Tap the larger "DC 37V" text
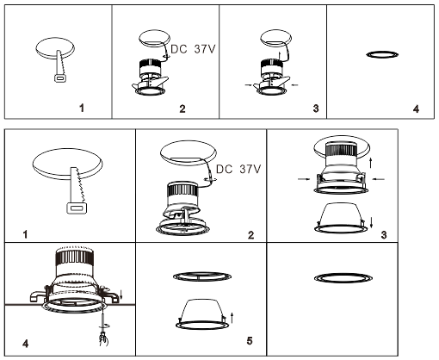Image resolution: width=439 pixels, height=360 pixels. point(238,169)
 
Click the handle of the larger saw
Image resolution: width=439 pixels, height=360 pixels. point(76,208)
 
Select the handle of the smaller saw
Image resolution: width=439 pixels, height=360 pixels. point(59,78)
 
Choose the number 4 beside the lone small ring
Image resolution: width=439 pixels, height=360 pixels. point(416,109)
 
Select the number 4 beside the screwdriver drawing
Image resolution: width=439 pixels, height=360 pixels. point(25,343)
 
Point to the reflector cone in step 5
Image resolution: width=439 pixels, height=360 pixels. point(202,311)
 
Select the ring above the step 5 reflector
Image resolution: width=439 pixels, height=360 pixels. point(202,276)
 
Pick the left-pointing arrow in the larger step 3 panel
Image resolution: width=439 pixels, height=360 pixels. point(380,179)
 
